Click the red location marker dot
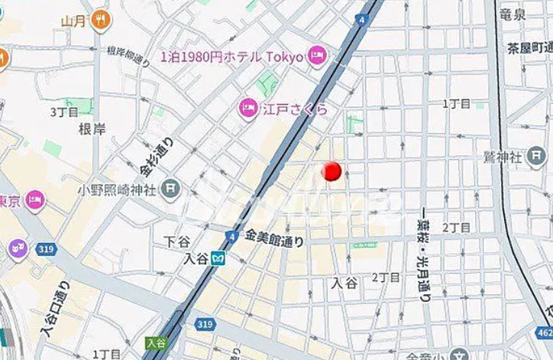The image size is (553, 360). pos(331,171)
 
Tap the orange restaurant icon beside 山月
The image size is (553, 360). pos(100,21)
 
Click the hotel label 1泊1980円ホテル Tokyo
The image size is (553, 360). pos(232,56)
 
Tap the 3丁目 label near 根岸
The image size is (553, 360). pos(64,112)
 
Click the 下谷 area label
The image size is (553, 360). pos(176,241)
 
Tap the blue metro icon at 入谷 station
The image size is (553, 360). pos(218,258)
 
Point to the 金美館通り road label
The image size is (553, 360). pos(274,239)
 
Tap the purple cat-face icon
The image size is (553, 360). pos(18,248)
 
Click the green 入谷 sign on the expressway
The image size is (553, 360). pos(156,343)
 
